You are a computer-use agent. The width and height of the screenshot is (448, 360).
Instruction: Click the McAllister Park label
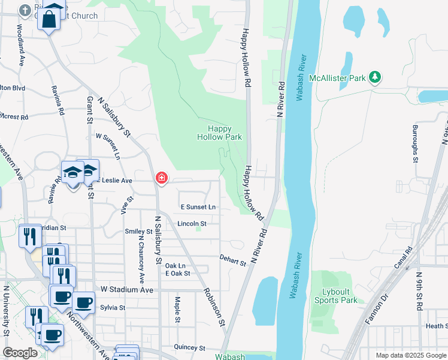pyautogui.click(x=337, y=78)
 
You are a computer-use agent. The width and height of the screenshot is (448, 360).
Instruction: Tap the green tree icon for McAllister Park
pyautogui.click(x=375, y=77)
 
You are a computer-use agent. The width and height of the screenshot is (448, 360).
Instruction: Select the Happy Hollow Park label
pyautogui.click(x=220, y=133)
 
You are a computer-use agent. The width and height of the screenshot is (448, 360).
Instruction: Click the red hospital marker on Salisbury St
pyautogui.click(x=161, y=178)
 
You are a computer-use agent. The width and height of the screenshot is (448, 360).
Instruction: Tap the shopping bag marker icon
pyautogui.click(x=50, y=19)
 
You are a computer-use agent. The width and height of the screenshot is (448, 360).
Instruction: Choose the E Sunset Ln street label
pyautogui.click(x=198, y=207)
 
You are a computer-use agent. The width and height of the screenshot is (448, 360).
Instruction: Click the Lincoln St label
pyautogui.click(x=192, y=224)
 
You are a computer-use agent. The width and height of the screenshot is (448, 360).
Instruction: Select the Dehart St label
pyautogui.click(x=233, y=261)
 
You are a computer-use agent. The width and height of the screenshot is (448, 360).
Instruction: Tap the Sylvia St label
pyautogui.click(x=113, y=308)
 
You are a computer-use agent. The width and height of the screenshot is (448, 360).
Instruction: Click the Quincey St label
pyautogui.click(x=190, y=347)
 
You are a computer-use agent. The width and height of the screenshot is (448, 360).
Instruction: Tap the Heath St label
pyautogui.click(x=436, y=326)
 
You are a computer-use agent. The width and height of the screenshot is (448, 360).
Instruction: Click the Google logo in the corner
pyautogui.click(x=20, y=353)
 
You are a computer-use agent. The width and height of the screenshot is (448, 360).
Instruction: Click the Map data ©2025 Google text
pyautogui.click(x=410, y=355)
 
